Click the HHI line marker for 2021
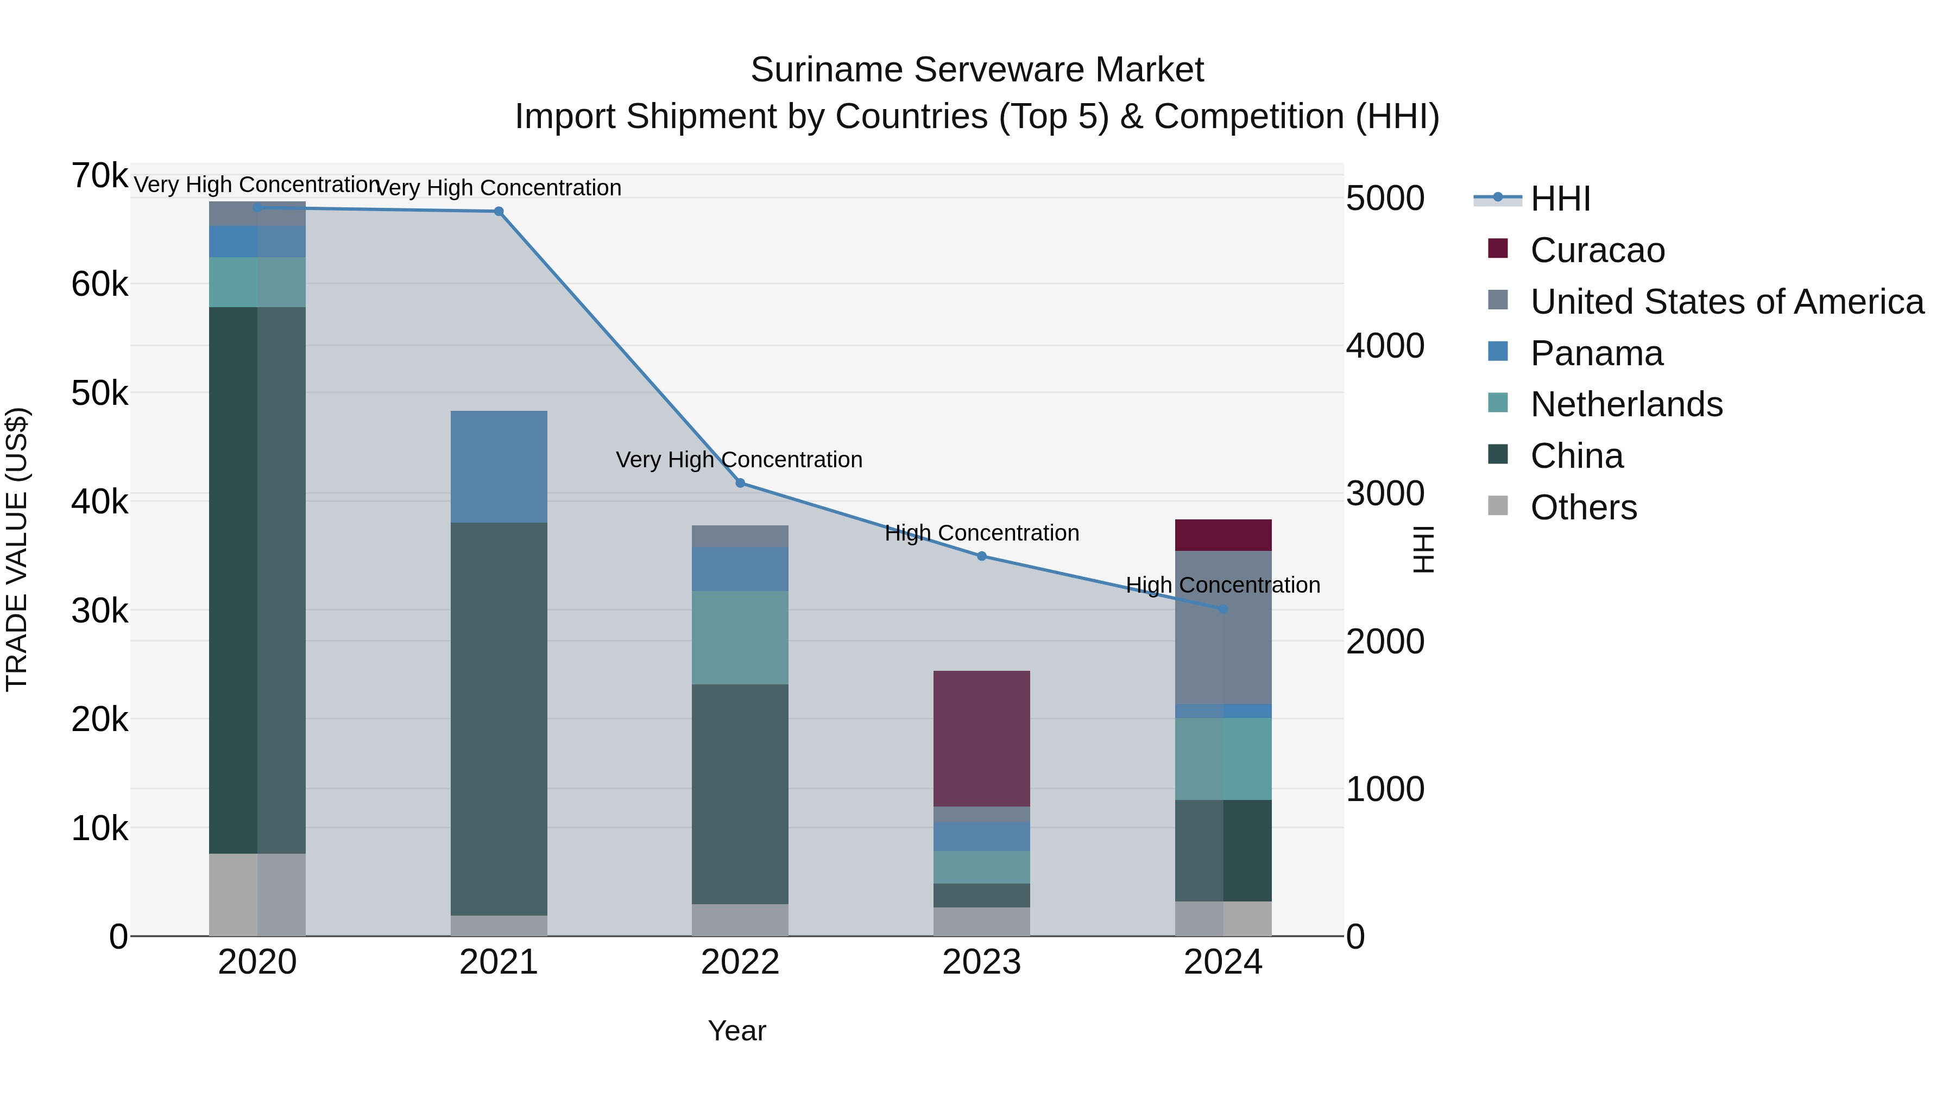(x=499, y=212)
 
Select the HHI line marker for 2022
(x=740, y=483)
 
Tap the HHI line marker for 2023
(x=981, y=556)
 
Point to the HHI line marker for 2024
(x=1222, y=609)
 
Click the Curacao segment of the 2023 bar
(x=981, y=738)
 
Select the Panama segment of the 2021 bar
(x=499, y=466)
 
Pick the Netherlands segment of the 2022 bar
(x=740, y=637)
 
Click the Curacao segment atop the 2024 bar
(x=1222, y=535)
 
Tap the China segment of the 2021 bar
(x=499, y=718)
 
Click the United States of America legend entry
(x=1726, y=302)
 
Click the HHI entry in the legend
(x=1560, y=199)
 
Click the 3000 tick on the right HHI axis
(x=1385, y=494)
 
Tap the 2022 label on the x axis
(x=740, y=962)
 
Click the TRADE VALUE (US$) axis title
(x=17, y=549)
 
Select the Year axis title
(x=737, y=1031)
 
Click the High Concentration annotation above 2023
(x=981, y=533)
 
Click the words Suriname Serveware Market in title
(x=977, y=70)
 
